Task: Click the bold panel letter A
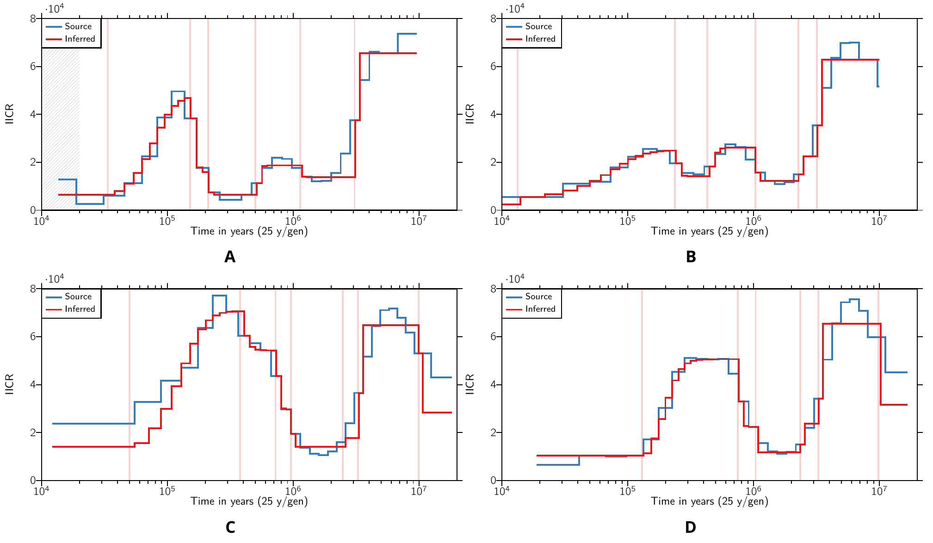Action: pyautogui.click(x=230, y=257)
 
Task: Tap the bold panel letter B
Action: pyautogui.click(x=691, y=257)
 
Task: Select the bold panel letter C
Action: pyautogui.click(x=230, y=527)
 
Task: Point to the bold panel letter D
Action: pyautogui.click(x=690, y=527)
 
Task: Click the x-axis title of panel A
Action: pyautogui.click(x=249, y=231)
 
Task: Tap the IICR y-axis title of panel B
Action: pyautogui.click(x=470, y=114)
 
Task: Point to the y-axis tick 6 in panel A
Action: pyautogui.click(x=33, y=67)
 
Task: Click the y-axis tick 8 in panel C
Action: pyautogui.click(x=33, y=289)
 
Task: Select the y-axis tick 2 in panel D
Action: pyautogui.click(x=494, y=432)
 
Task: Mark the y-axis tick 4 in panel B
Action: pyautogui.click(x=494, y=114)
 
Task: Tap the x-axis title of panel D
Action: pyautogui.click(x=710, y=501)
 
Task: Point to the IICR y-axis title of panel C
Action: pyautogui.click(x=9, y=384)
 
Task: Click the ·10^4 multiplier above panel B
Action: pyautogui.click(x=515, y=9)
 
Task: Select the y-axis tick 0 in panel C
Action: pyautogui.click(x=33, y=481)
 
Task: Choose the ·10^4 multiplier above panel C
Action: pyautogui.click(x=55, y=279)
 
